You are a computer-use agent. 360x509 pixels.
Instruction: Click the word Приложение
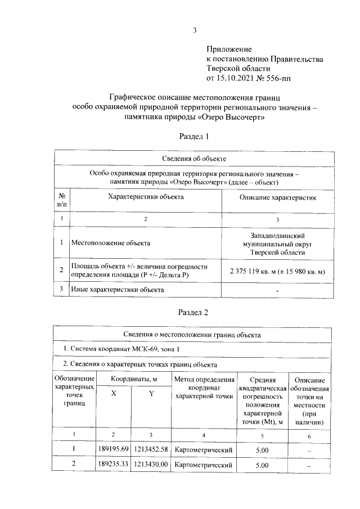tap(229, 50)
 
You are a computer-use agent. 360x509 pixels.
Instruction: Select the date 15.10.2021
tap(240, 77)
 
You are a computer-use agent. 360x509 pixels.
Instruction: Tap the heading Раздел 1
tap(194, 136)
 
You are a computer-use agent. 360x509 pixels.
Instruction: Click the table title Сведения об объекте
tap(194, 159)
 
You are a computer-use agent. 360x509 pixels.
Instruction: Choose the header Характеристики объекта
tap(146, 197)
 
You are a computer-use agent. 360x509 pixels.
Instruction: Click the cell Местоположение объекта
tap(111, 243)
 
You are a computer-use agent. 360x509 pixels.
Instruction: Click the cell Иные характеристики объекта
tap(118, 290)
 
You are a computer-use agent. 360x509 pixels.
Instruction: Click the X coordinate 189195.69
tap(114, 449)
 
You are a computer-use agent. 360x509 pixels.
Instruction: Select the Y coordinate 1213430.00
tap(151, 465)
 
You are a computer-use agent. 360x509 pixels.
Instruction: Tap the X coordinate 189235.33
tap(114, 465)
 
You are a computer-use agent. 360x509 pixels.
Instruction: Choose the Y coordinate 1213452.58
tap(151, 449)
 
